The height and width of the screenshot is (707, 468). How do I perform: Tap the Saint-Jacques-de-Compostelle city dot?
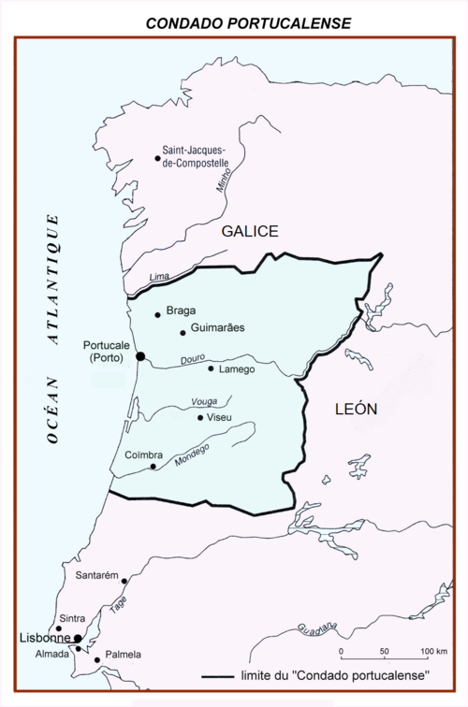pyautogui.click(x=157, y=158)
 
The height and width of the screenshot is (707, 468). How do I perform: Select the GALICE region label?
pyautogui.click(x=250, y=231)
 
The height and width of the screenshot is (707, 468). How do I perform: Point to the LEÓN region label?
pyautogui.click(x=357, y=409)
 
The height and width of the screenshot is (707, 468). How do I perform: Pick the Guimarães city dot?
pyautogui.click(x=183, y=333)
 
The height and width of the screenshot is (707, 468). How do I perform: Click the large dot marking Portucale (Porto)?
pyautogui.click(x=140, y=355)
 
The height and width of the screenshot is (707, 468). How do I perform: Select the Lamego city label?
pyautogui.click(x=236, y=369)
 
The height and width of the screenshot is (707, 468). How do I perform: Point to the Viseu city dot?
pyautogui.click(x=200, y=417)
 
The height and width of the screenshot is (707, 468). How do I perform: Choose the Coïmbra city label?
pyautogui.click(x=143, y=455)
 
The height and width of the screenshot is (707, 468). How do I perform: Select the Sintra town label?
pyautogui.click(x=72, y=618)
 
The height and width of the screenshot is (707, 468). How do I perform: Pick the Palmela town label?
pyautogui.click(x=123, y=656)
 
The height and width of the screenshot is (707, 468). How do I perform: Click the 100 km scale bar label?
pyautogui.click(x=432, y=651)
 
